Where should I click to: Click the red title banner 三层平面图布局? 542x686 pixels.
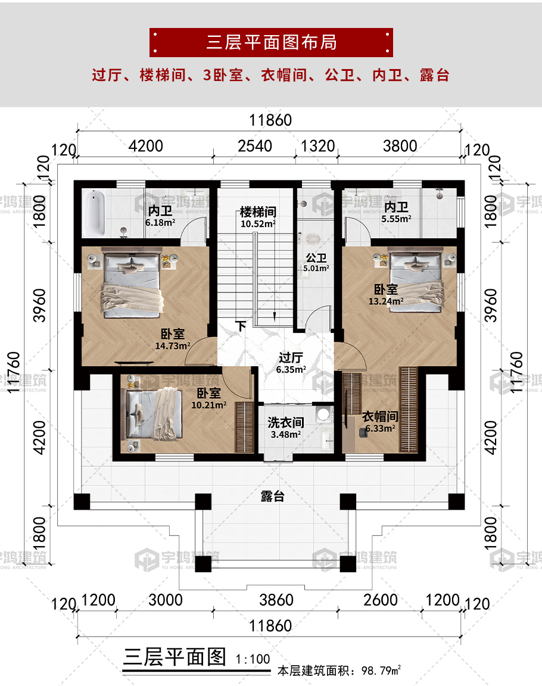[x=271, y=42]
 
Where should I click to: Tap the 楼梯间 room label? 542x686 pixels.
[x=258, y=213]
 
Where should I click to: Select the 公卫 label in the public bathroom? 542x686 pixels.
[x=316, y=259]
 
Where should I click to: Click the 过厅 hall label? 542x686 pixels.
[x=291, y=358]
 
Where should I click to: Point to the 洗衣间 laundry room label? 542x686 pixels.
[x=285, y=423]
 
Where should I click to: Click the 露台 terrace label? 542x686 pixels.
[x=272, y=497]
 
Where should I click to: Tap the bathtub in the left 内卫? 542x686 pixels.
[x=94, y=212]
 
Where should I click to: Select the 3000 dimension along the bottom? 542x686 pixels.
[x=166, y=600]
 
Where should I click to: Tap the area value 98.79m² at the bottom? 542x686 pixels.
[x=381, y=671]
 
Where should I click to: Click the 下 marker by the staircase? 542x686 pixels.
[x=241, y=326]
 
